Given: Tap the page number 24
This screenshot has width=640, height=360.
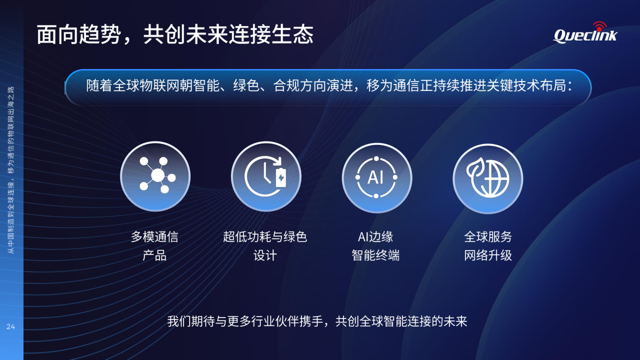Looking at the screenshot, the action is (10, 326).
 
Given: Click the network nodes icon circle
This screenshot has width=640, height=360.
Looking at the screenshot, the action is (155, 176).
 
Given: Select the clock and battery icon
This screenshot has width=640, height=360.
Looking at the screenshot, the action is (266, 176).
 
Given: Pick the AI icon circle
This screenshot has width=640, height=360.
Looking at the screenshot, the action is (377, 177).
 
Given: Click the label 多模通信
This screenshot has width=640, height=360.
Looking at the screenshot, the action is (154, 237).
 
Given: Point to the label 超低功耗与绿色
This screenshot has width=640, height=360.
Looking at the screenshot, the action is (265, 237).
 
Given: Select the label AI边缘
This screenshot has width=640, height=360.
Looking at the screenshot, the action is (375, 237).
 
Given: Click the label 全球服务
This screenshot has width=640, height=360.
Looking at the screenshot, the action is (488, 237).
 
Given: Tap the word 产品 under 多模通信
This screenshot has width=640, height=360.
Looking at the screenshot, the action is (154, 255).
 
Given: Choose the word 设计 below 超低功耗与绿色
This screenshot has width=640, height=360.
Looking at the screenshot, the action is (265, 255).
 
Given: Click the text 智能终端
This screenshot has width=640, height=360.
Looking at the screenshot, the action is (375, 255).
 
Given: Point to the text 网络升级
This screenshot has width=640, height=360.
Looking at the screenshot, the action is (488, 255).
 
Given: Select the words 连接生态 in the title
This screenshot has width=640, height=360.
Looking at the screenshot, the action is (271, 34).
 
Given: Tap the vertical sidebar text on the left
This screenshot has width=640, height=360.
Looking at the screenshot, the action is (10, 170).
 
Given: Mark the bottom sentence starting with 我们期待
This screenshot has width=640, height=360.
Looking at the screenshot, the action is (317, 321).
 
